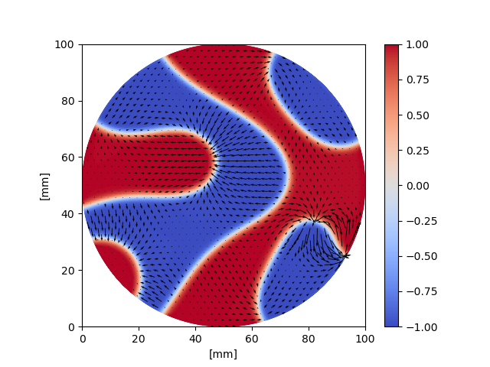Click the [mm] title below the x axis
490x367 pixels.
click(x=224, y=354)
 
